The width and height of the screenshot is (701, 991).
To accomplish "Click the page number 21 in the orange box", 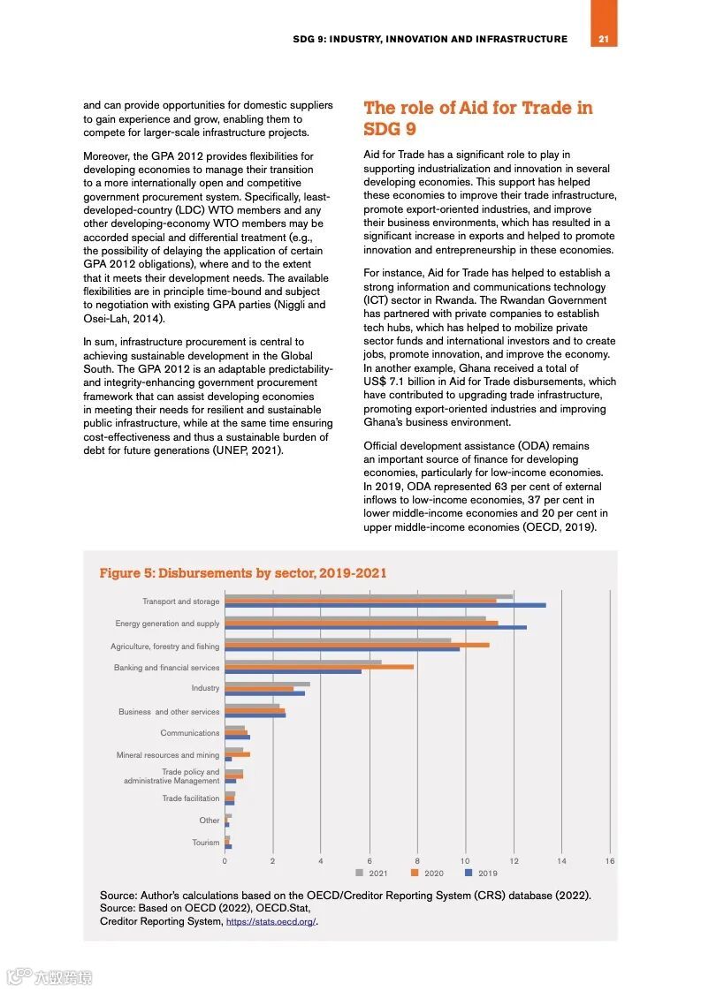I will tap(604, 39).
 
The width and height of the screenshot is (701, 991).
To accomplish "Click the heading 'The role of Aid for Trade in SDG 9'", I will tap(478, 118).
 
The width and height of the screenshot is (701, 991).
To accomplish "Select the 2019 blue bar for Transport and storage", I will tap(385, 605).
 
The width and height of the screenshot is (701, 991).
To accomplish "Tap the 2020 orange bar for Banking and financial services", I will tap(318, 667).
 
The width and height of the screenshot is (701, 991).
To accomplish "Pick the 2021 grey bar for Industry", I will tap(267, 684).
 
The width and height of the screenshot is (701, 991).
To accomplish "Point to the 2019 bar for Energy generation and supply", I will tap(375, 627).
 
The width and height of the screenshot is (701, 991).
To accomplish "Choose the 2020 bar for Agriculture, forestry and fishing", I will tap(356, 645).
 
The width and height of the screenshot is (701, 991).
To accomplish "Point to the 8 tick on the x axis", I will tap(417, 860).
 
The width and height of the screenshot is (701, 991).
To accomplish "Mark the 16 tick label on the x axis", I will tap(610, 860).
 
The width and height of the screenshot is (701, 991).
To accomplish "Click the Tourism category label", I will tap(205, 843).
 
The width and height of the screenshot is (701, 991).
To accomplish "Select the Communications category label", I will tap(189, 733).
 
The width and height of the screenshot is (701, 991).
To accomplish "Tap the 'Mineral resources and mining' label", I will tap(168, 755).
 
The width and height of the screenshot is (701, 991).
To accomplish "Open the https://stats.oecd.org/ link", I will tap(270, 922).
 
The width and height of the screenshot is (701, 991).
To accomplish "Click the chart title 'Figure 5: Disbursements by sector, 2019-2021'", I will tap(243, 573).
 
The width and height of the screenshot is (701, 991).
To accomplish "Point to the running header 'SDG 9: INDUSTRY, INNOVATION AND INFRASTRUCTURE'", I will tap(431, 39).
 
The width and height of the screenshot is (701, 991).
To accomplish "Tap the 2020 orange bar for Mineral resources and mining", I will tap(237, 754).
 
